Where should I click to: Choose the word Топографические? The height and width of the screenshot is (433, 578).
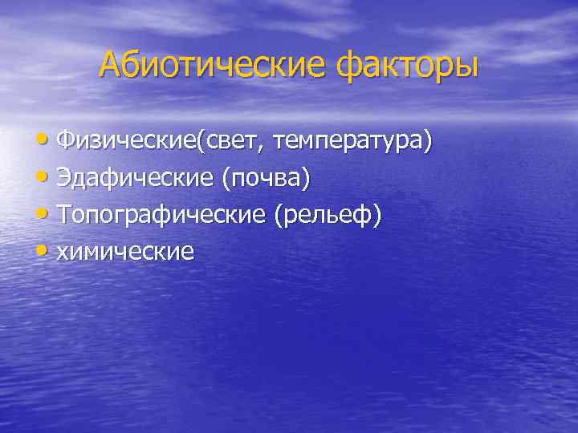coord(161,215)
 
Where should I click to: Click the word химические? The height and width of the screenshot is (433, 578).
coord(126,252)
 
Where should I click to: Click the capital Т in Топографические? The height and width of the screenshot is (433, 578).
coord(64,215)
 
